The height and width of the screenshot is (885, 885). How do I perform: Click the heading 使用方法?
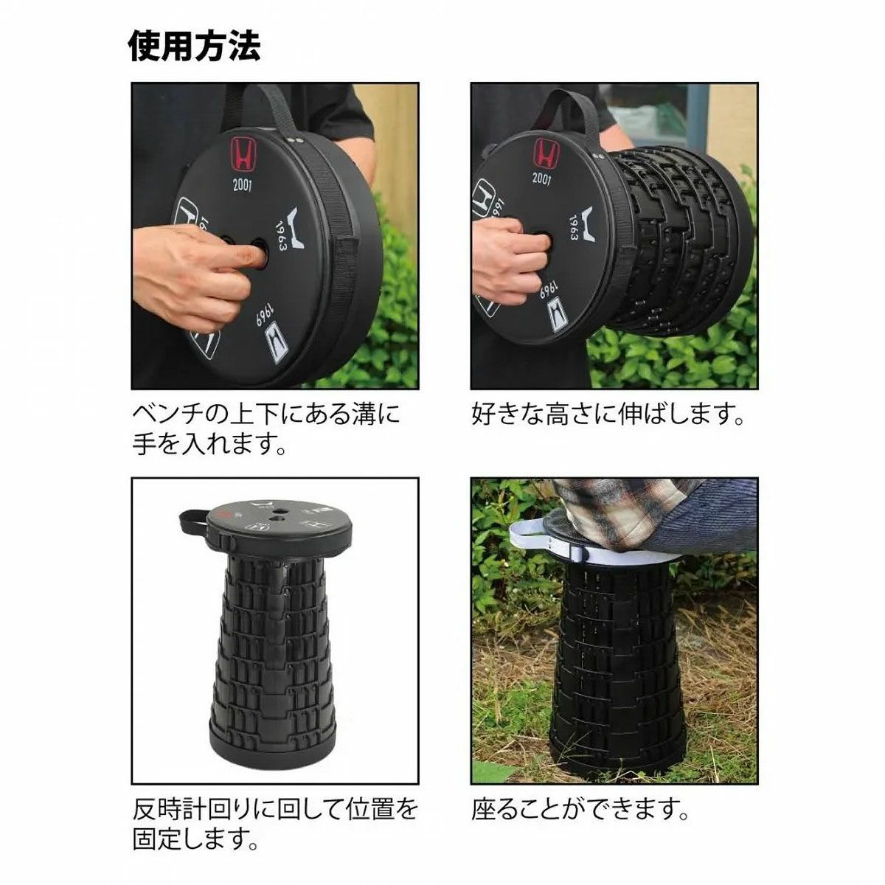(195, 45)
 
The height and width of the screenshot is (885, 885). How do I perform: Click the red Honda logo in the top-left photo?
(243, 155)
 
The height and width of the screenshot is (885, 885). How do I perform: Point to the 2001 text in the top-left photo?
(242, 184)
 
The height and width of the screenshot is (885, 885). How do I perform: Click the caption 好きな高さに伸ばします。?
(607, 414)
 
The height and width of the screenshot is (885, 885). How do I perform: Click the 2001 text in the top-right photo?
(542, 178)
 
